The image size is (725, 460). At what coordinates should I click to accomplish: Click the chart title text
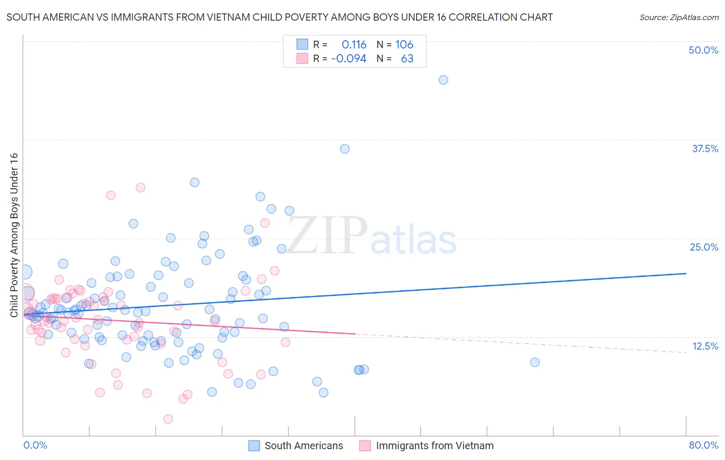point(279,17)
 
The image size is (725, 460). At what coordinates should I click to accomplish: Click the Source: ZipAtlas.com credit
point(679,18)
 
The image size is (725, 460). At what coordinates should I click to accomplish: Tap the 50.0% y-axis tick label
point(703,50)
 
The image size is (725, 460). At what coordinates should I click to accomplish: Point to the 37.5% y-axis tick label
point(705,149)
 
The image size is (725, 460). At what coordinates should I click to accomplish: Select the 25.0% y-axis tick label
point(704,247)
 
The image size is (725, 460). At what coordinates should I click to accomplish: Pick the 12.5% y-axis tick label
point(705,346)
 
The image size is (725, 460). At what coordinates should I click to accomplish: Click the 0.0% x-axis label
point(35,445)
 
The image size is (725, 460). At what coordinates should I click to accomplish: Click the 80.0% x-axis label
point(703,445)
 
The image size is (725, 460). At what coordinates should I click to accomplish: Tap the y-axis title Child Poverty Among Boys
point(14,235)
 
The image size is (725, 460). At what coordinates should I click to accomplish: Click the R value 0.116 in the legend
point(354,45)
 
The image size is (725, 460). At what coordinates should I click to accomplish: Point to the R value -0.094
point(349,59)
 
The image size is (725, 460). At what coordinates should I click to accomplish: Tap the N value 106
point(404,45)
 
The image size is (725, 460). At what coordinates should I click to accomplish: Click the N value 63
point(407,59)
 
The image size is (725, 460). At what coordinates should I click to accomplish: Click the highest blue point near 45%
point(443,80)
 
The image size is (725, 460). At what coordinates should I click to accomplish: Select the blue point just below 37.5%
point(344,149)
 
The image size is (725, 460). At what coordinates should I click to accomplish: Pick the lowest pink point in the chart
point(168,419)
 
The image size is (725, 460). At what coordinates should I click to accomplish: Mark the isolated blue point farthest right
point(535,363)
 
